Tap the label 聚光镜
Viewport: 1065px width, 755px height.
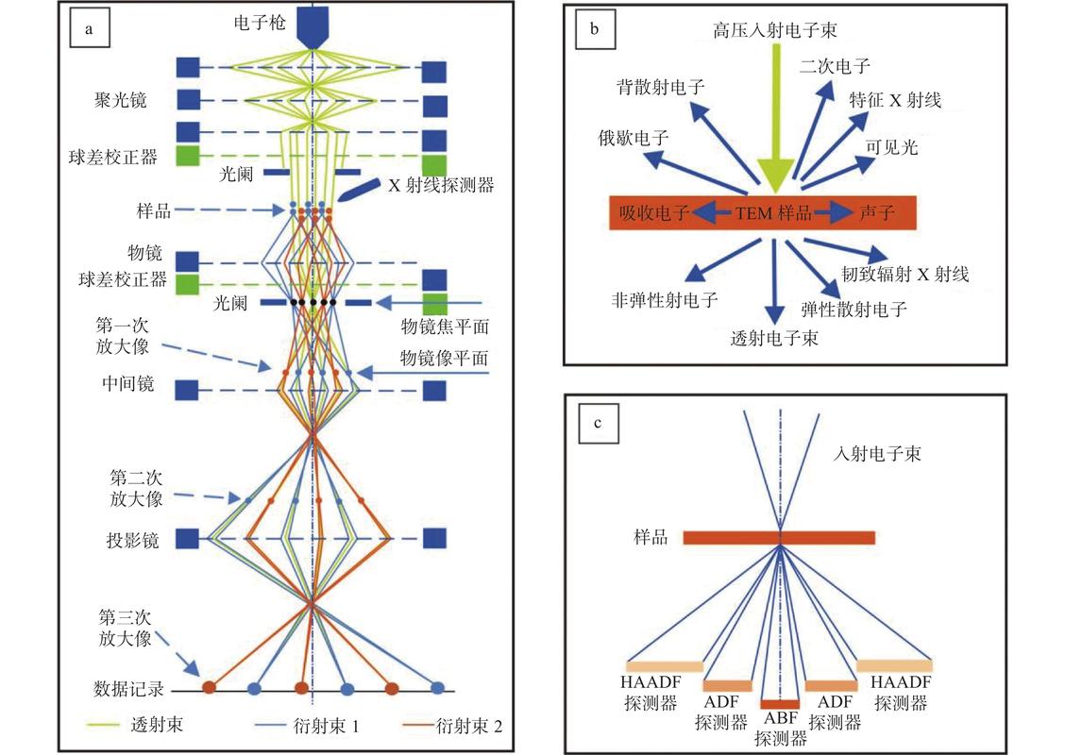point(120,100)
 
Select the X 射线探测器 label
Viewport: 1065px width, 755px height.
point(442,185)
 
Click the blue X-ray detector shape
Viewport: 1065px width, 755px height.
point(359,190)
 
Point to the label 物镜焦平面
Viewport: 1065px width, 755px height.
point(445,327)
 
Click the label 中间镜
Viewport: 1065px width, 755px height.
point(128,383)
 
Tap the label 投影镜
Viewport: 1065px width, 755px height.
point(132,540)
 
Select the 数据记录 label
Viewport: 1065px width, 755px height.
point(129,689)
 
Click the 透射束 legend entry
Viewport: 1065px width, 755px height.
point(136,725)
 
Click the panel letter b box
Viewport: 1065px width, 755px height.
point(595,29)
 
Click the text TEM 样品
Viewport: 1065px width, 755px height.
point(773,213)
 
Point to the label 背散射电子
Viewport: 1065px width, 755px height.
point(661,86)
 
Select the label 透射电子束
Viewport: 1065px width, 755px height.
point(774,338)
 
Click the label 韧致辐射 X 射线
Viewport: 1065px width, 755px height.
point(905,274)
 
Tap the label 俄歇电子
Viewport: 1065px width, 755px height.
point(633,138)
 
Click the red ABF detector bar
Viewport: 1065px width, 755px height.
point(780,704)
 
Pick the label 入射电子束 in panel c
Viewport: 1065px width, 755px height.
point(877,453)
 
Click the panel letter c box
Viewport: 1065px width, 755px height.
point(598,423)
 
